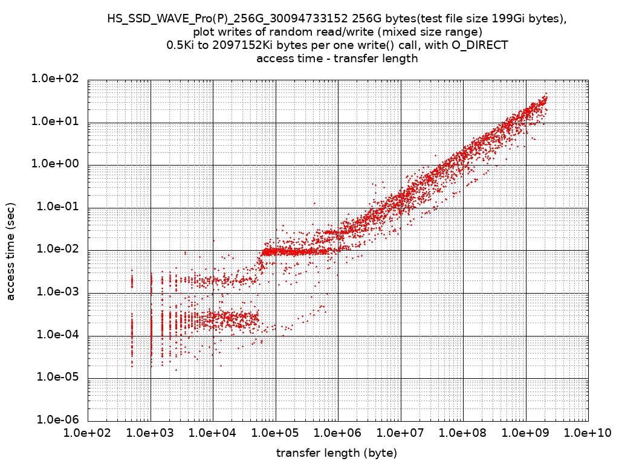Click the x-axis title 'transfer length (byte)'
(337, 453)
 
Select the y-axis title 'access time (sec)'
(10, 250)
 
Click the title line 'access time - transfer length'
(337, 59)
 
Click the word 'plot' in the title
(212, 32)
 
